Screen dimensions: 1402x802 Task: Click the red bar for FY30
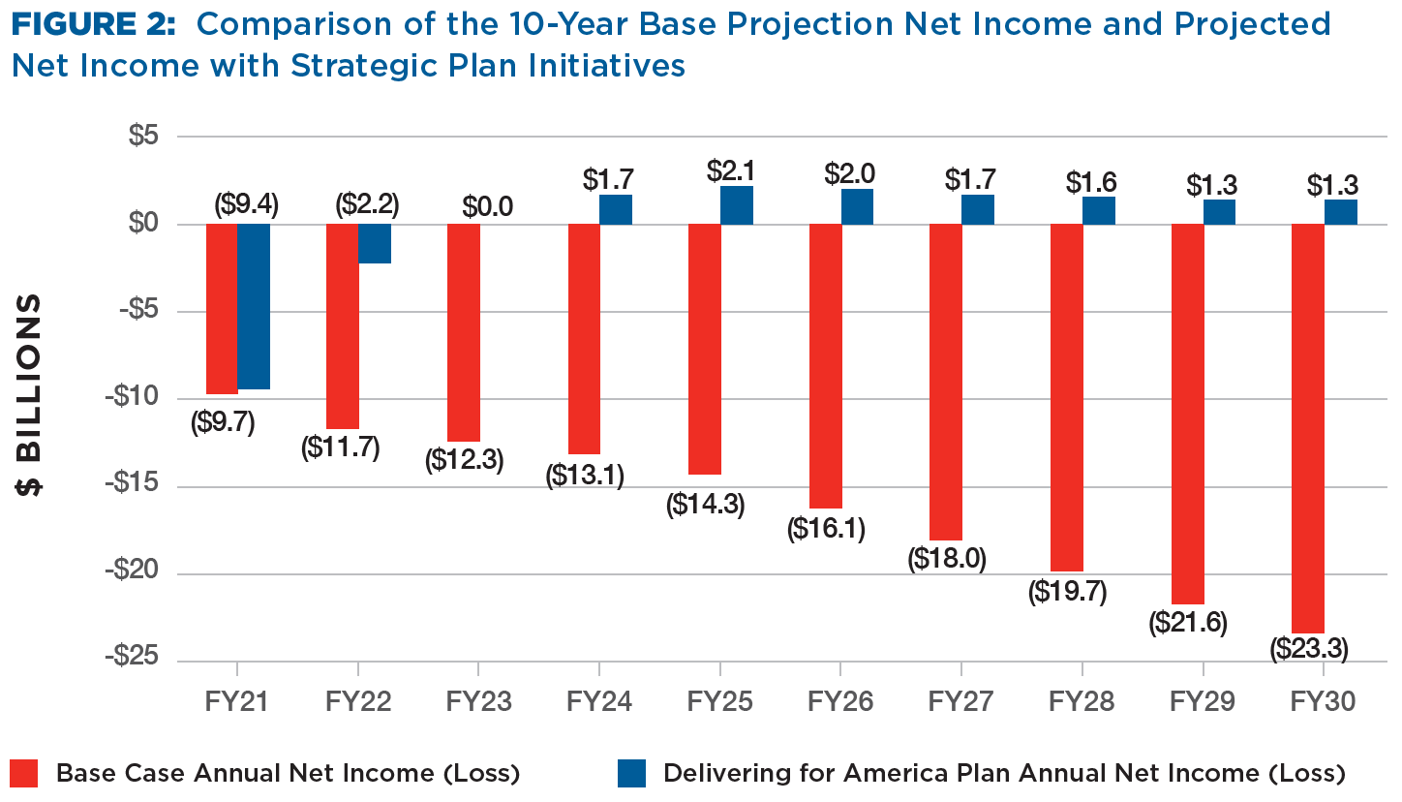pyautogui.click(x=1308, y=428)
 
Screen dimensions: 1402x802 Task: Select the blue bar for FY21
pyautogui.click(x=254, y=306)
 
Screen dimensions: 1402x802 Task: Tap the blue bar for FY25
pyautogui.click(x=737, y=205)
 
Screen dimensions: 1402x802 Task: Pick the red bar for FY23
pyautogui.click(x=464, y=332)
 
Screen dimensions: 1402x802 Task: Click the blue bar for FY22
pyautogui.click(x=375, y=243)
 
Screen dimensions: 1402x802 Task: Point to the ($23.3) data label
pyautogui.click(x=1309, y=649)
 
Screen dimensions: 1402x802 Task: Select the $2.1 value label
pyautogui.click(x=731, y=170)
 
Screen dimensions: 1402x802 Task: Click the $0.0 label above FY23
pyautogui.click(x=488, y=206)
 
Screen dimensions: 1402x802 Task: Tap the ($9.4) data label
pyautogui.click(x=247, y=204)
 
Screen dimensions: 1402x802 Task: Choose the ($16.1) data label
pyautogui.click(x=826, y=529)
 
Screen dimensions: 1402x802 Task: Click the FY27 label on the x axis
pyautogui.click(x=960, y=701)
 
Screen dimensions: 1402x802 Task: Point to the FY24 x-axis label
pyautogui.click(x=599, y=701)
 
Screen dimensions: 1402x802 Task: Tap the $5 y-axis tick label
pyautogui.click(x=144, y=136)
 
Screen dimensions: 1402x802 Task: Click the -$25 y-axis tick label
pyautogui.click(x=132, y=657)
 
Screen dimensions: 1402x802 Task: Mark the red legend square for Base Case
pyautogui.click(x=24, y=773)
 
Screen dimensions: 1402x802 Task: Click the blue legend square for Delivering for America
pyautogui.click(x=631, y=773)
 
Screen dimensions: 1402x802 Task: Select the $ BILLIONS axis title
pyautogui.click(x=29, y=394)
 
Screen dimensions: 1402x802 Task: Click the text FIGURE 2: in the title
pyautogui.click(x=94, y=25)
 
